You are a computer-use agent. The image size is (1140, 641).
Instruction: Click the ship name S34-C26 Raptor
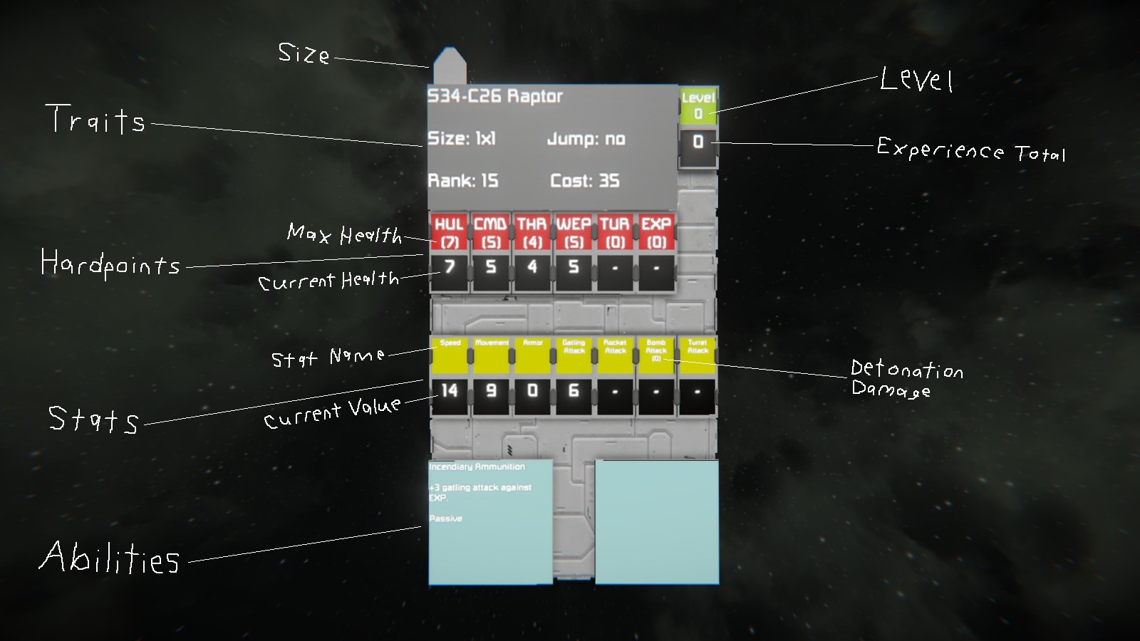click(495, 96)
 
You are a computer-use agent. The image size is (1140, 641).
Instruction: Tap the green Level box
click(698, 105)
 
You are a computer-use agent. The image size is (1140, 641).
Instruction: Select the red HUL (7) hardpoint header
click(449, 232)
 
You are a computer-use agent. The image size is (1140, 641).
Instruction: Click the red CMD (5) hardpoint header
click(490, 232)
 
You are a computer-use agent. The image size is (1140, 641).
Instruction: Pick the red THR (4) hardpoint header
click(532, 232)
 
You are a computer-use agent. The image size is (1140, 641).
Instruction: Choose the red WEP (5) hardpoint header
click(574, 232)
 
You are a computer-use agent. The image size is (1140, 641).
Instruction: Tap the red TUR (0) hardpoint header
click(615, 232)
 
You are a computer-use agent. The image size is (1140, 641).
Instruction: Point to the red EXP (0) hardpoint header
click(656, 232)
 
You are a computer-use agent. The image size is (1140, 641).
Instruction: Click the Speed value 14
click(449, 390)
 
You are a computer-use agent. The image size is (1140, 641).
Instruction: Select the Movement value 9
click(491, 390)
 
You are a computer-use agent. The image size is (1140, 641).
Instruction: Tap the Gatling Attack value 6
click(574, 390)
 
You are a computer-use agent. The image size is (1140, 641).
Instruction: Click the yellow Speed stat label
click(450, 355)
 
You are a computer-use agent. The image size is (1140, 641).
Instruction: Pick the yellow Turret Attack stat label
click(698, 355)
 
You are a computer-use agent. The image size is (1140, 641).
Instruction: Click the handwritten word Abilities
click(110, 558)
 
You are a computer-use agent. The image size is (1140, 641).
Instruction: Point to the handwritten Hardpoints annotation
click(110, 264)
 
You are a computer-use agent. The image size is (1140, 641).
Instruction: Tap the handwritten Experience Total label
click(970, 150)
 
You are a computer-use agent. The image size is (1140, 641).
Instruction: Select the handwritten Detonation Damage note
click(906, 378)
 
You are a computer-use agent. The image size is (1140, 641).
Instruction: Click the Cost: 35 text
click(584, 181)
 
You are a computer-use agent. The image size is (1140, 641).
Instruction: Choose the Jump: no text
click(586, 139)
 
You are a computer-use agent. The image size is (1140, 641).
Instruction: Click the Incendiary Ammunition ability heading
click(477, 467)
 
